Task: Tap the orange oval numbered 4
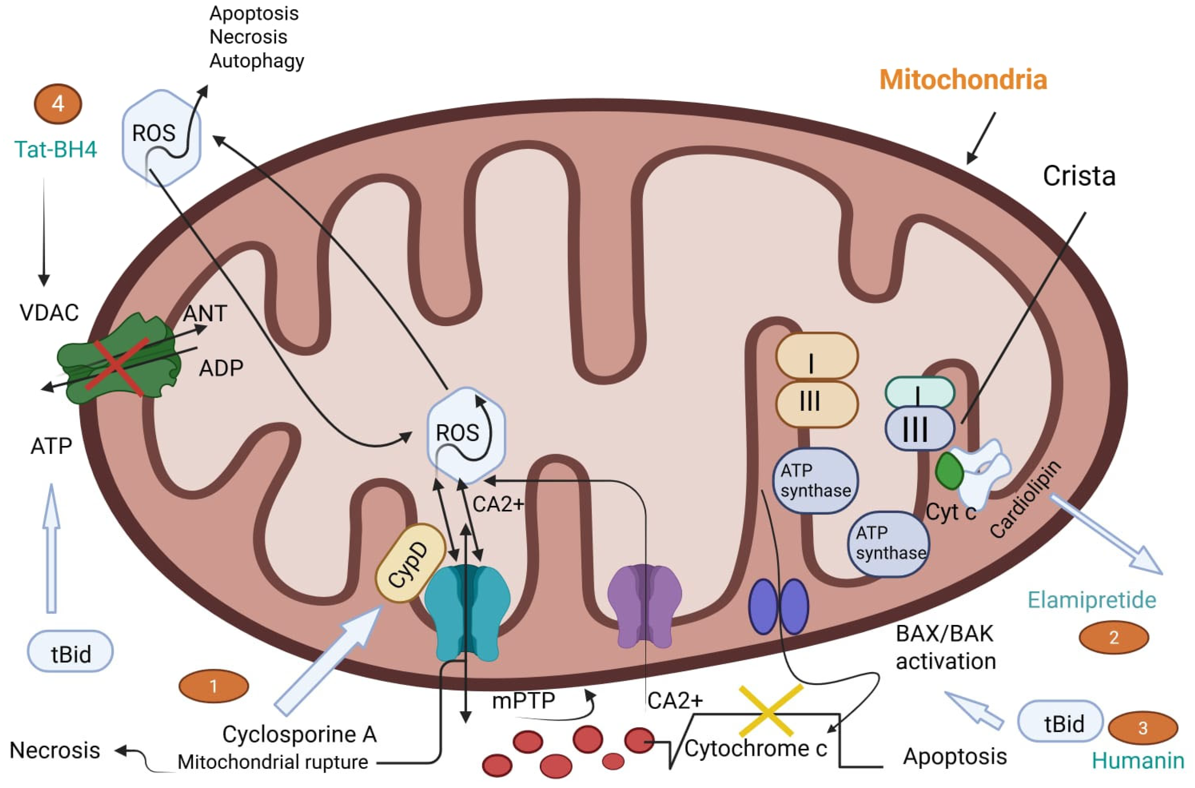[x=58, y=104]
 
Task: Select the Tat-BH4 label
[x=55, y=149]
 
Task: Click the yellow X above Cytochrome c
[x=769, y=710]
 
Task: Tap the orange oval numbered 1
[x=214, y=686]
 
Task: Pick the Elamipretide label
[x=1091, y=600]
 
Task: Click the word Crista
[x=1079, y=176]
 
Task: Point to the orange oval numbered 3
[x=1143, y=728]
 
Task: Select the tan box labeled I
[x=816, y=356]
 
